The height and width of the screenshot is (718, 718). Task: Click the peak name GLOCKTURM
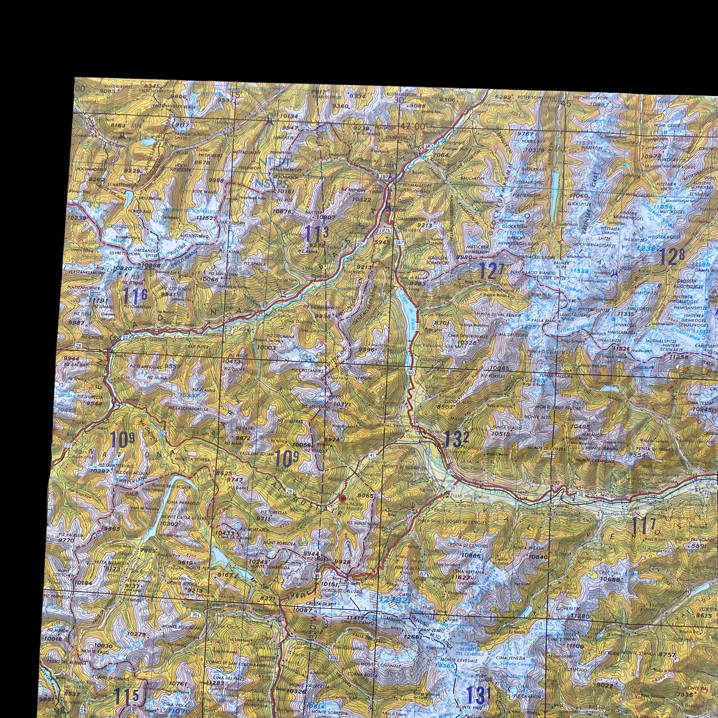(x=512, y=226)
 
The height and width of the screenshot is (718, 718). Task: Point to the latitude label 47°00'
(x=412, y=126)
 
